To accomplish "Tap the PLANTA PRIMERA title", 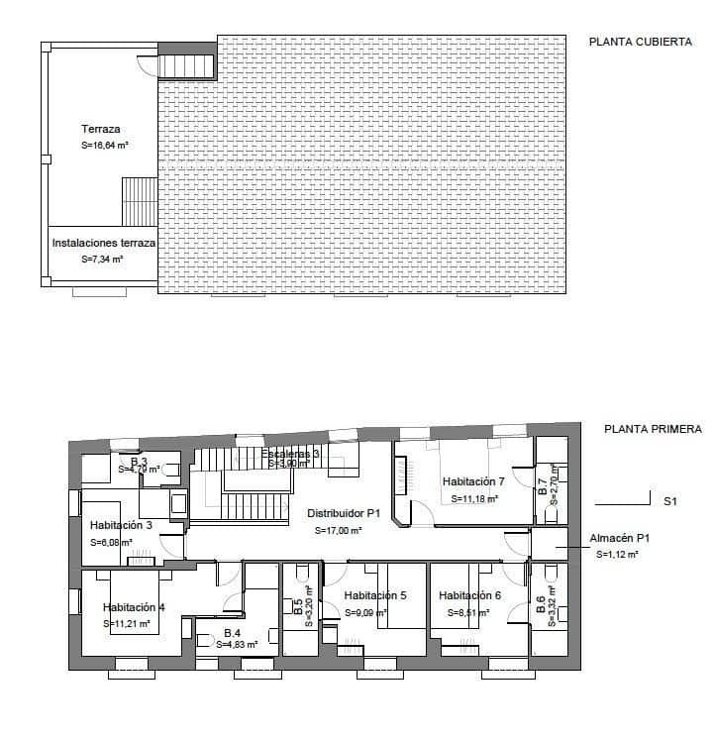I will coord(653,430).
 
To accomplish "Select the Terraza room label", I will coord(100,129).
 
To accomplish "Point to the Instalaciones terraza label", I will coord(103,242).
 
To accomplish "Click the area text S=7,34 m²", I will coord(102,259).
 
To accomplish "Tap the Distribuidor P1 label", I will coord(344,513).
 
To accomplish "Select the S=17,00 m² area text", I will coord(339,530).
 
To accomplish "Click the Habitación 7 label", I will coord(474,481).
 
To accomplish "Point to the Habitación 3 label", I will coord(120,525).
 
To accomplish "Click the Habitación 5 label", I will coord(375,595).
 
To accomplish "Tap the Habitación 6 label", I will coord(470,595).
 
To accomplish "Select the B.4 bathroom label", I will coord(233,632).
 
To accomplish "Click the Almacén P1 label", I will coord(619,538).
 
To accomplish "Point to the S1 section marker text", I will coord(669,502).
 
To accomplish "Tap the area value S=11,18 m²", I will coord(473,498).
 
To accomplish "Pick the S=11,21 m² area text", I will coord(128,624).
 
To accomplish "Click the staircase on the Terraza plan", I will coord(139,202).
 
